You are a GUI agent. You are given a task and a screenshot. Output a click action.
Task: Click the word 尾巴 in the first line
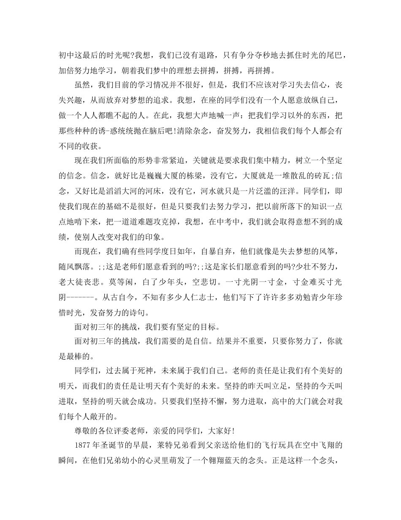click(x=333, y=55)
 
